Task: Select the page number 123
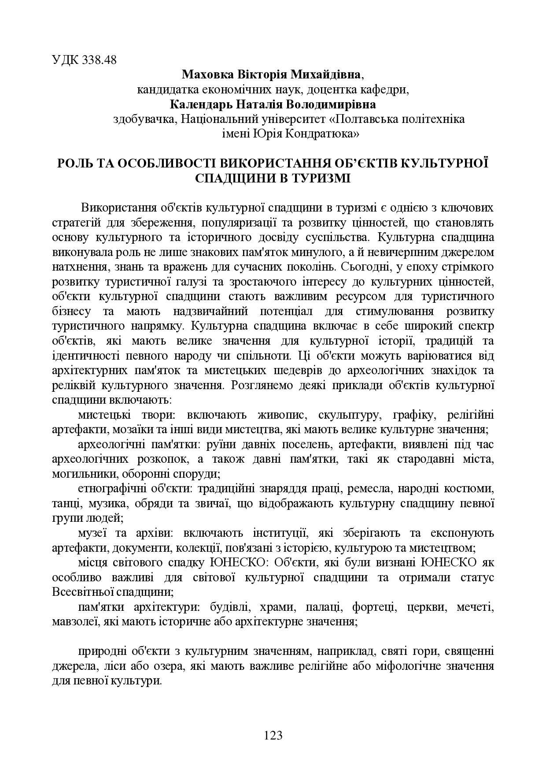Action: pyautogui.click(x=273, y=735)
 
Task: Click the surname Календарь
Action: pyautogui.click(x=197, y=104)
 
